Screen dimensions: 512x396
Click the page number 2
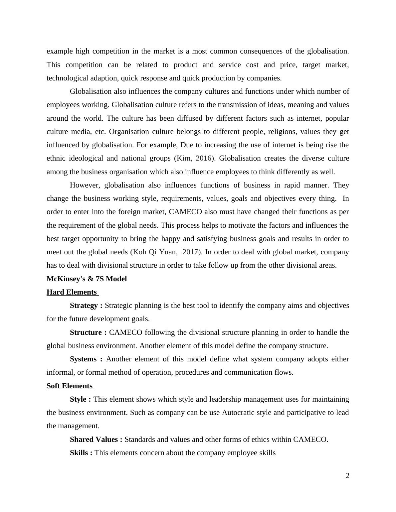point(347,476)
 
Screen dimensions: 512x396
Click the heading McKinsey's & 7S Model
point(87,279)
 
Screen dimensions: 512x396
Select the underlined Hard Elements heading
point(72,292)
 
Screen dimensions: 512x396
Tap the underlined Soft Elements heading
point(70,386)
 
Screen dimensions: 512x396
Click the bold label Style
point(79,399)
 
